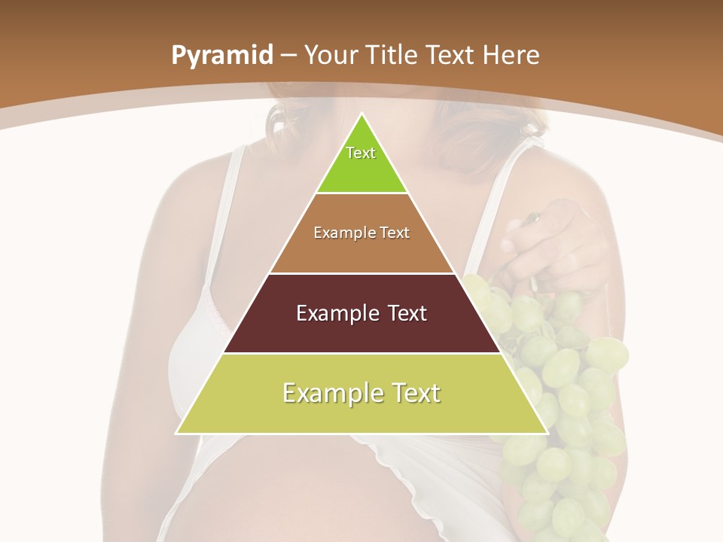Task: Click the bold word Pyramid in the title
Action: tap(221, 56)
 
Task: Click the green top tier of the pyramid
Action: tap(361, 169)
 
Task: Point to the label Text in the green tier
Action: tap(361, 153)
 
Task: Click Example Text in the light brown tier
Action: tap(361, 233)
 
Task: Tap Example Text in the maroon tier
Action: tap(361, 313)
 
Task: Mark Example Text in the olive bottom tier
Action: tap(361, 393)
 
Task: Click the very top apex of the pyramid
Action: tap(361, 115)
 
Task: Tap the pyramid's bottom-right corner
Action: tap(546, 433)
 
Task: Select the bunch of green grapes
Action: tap(565, 391)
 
